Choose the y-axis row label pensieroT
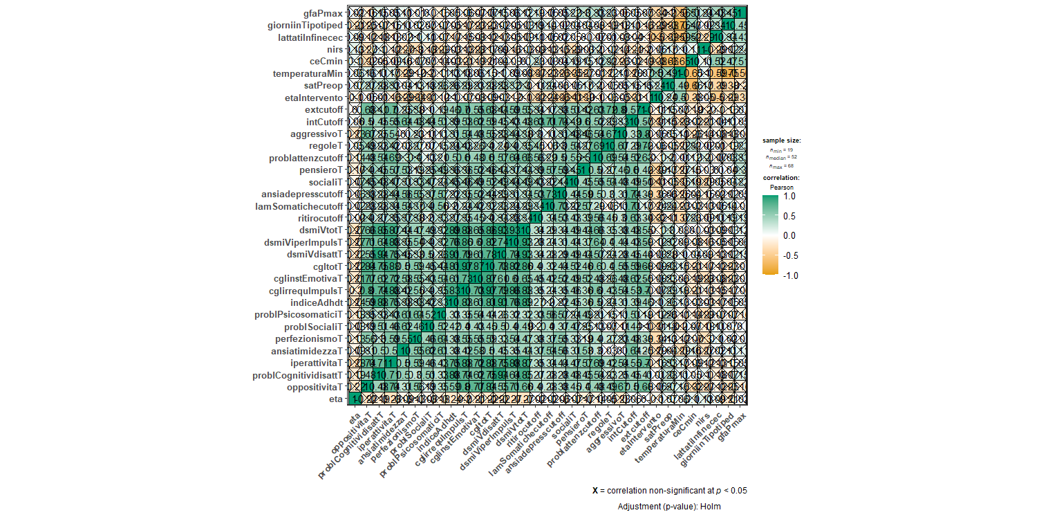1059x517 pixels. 319,170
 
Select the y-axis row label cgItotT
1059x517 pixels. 323,266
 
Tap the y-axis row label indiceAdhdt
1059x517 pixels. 317,302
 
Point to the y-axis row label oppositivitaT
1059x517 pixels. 312,386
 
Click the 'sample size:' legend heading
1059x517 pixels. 777,140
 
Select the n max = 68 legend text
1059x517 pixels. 777,166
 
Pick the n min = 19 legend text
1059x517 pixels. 777,149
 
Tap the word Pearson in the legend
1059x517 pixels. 777,187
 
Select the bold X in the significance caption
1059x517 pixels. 595,491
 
